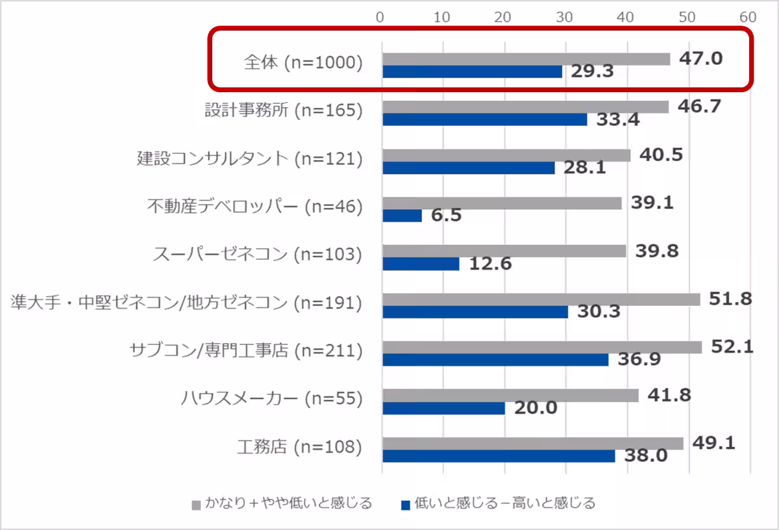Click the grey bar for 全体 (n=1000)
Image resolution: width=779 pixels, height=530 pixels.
click(x=526, y=59)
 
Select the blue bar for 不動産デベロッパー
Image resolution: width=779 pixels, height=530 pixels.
click(x=402, y=216)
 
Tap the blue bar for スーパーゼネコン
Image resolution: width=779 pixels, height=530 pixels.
click(x=421, y=264)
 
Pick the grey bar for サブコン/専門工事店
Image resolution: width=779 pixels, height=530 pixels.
click(x=542, y=347)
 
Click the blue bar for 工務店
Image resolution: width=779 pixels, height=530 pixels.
click(x=499, y=456)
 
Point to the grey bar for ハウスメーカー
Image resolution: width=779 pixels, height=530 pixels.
click(x=510, y=396)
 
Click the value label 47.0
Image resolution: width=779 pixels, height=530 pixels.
click(x=701, y=58)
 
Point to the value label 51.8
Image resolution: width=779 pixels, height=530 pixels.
click(x=730, y=299)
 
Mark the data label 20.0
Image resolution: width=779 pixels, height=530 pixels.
click(x=536, y=408)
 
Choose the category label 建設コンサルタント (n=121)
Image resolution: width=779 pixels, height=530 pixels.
click(x=249, y=158)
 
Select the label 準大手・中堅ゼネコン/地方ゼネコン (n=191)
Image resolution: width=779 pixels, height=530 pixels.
click(x=186, y=303)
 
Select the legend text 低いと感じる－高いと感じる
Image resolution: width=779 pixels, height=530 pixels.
click(x=505, y=503)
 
